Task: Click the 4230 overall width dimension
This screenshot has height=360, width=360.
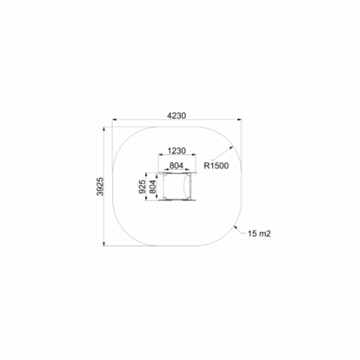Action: click(x=176, y=116)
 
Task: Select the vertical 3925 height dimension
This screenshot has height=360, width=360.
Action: click(x=100, y=186)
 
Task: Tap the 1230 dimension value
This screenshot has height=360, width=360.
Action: click(x=176, y=151)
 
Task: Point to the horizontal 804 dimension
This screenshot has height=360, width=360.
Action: click(x=176, y=165)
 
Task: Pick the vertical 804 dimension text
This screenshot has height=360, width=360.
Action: click(x=152, y=186)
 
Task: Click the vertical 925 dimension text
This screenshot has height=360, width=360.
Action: click(x=142, y=186)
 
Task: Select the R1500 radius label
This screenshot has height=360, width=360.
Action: click(x=216, y=166)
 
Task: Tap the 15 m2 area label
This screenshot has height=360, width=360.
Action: click(x=259, y=234)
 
